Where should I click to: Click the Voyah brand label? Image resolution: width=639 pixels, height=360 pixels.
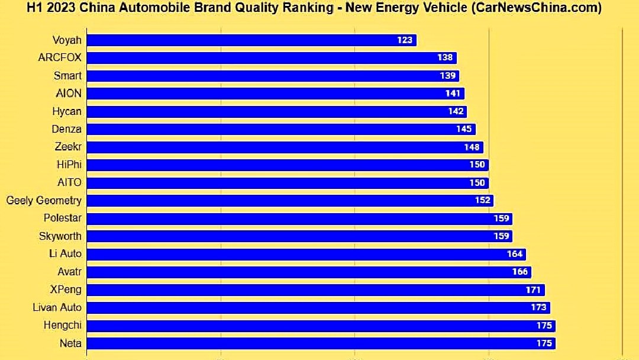coord(67,40)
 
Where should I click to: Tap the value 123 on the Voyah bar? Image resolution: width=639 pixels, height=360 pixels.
coord(405,40)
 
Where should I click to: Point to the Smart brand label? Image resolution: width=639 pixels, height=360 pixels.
coord(67,76)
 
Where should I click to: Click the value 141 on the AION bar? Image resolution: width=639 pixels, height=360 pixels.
coord(453,94)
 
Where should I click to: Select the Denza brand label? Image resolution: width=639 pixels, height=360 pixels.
coord(67,129)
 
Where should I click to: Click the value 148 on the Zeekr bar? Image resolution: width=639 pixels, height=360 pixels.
coord(472,147)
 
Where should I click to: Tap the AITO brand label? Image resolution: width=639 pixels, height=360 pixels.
coord(69,182)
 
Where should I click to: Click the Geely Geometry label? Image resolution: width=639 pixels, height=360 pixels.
coord(44,200)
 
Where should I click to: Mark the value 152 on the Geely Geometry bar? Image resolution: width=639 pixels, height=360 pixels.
coord(482,200)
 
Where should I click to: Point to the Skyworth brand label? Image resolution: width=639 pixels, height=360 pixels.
coord(60,236)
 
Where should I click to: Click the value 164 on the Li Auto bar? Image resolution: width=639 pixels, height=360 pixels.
coord(515,254)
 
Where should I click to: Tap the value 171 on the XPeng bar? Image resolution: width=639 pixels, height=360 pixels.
coord(533,290)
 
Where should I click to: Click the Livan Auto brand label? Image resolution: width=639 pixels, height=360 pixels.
coord(57,307)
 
